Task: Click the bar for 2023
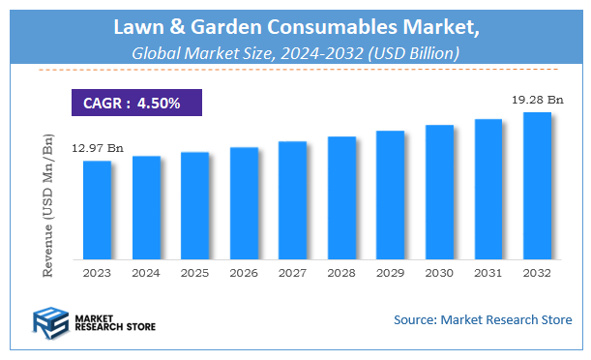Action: click(x=97, y=211)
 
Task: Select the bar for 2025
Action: click(x=194, y=206)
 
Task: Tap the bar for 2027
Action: click(x=292, y=201)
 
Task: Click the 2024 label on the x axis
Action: click(x=146, y=274)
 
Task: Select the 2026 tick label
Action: click(x=244, y=274)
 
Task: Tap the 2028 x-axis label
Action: click(x=341, y=274)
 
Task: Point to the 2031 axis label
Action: click(x=488, y=274)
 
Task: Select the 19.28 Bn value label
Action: click(x=538, y=99)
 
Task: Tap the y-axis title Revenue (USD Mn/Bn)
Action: click(x=48, y=205)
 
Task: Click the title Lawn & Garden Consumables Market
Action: click(x=295, y=29)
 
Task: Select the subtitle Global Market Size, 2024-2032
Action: click(x=295, y=54)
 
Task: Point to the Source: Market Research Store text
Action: click(x=482, y=319)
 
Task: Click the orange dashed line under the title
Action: click(x=295, y=71)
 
